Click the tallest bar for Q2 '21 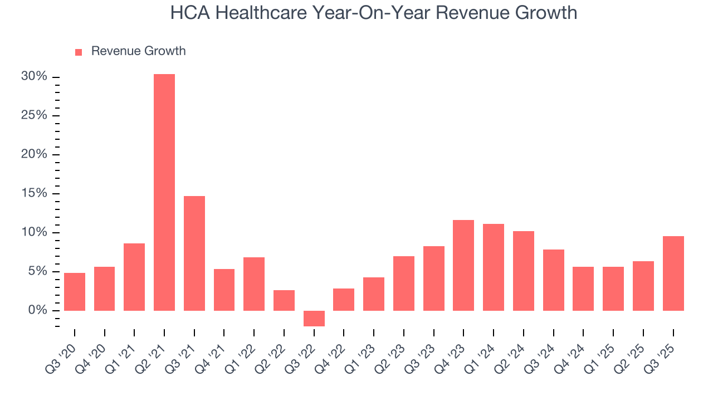coord(164,192)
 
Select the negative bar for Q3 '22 coord(314,318)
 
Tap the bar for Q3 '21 coord(194,253)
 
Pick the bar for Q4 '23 coord(463,265)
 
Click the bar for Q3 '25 coord(673,273)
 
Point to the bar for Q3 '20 coord(75,292)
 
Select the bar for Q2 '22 coord(284,300)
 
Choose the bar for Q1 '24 coord(494,267)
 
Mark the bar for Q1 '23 coord(374,294)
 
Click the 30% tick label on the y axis coord(35,77)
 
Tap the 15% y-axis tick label coord(35,194)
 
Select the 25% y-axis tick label coord(35,116)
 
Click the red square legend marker coord(79,52)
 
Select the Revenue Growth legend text coord(138,51)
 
